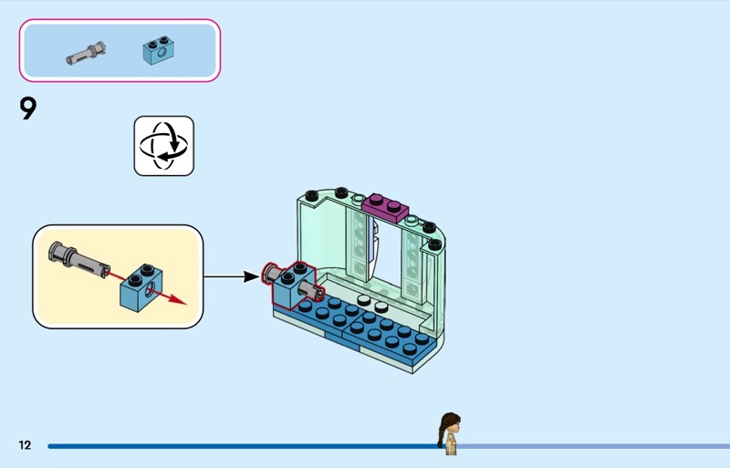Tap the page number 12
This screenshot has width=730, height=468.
tap(25, 445)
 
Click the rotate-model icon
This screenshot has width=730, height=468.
tap(164, 146)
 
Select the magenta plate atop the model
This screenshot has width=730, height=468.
tap(386, 204)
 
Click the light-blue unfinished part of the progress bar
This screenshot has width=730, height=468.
tap(593, 446)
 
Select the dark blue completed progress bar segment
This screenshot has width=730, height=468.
tap(237, 446)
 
